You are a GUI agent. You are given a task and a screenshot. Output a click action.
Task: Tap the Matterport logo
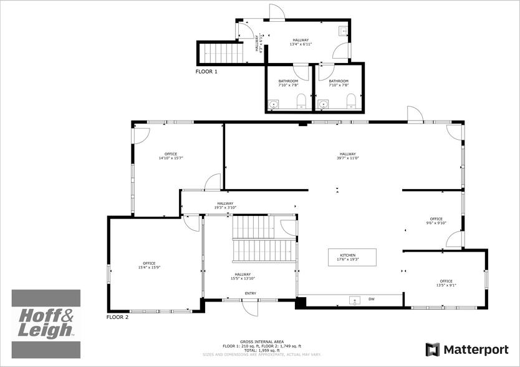point(468,350)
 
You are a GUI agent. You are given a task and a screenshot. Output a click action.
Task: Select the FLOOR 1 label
point(206,72)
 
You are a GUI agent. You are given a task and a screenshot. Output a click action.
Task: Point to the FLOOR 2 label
point(117,317)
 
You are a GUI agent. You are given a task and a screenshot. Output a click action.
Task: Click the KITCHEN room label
point(348,255)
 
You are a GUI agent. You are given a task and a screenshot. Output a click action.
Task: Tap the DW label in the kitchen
point(371,300)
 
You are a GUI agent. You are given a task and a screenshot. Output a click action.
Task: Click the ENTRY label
point(250,293)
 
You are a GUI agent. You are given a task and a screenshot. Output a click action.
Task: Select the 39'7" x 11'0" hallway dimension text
point(347,158)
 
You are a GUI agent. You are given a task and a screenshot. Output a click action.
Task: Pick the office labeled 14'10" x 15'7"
point(170,156)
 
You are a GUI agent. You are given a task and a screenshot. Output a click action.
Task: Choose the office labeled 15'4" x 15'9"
point(150,265)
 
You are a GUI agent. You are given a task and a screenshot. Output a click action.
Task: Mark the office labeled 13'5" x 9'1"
point(446,283)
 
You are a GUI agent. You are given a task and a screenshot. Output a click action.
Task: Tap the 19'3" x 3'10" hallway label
point(225,205)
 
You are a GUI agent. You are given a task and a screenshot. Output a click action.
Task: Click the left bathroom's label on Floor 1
point(288,83)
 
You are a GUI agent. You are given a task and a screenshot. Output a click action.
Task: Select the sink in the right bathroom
point(324,104)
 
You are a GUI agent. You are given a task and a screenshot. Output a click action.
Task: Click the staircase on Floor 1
point(221,53)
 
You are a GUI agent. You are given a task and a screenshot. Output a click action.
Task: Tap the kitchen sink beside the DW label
point(355,301)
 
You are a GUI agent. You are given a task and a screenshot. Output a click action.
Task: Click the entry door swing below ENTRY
point(249,307)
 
